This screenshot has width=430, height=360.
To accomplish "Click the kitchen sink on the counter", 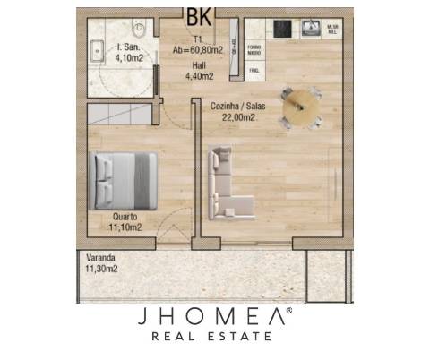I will (x=312, y=28).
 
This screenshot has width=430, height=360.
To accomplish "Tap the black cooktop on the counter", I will (x=284, y=27).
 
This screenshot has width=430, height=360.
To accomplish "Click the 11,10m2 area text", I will (x=125, y=227).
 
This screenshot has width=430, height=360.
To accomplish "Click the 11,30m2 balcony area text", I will (x=100, y=267).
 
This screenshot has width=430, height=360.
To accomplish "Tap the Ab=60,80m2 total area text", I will (x=199, y=51).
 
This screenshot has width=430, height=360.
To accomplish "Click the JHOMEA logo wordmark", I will (x=213, y=316).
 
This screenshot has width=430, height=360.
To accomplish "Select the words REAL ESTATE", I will (x=213, y=337).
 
